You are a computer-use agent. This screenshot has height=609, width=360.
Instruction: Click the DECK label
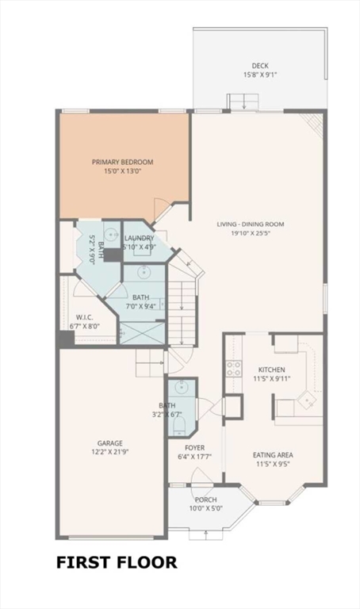pos(260,66)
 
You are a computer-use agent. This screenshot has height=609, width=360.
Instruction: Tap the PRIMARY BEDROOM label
pos(122,162)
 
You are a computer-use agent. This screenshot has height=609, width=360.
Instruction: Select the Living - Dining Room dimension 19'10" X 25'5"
pos(251,233)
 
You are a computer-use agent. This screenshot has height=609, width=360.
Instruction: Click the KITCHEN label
pos(272,370)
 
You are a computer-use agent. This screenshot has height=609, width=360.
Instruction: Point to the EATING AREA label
pos(273,455)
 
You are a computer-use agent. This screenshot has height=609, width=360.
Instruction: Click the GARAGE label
pos(110,443)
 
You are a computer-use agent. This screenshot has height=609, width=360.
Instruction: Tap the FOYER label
pos(194,448)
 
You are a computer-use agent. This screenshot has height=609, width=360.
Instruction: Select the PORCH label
pos(206,500)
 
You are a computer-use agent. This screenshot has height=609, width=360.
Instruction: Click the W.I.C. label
pos(84,317)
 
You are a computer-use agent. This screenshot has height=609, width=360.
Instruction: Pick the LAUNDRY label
pos(139,238)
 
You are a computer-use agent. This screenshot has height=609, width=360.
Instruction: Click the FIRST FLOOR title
pos(117,562)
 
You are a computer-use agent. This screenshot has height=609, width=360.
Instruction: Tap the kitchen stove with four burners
pos(234,369)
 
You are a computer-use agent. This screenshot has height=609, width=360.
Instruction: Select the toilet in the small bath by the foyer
pos(179,426)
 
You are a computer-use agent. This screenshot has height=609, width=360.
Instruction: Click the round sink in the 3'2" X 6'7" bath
pos(180,386)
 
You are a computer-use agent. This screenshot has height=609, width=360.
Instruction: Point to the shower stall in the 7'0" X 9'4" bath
pos(142,333)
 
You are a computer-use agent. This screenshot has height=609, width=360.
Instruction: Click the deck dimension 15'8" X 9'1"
pos(260,75)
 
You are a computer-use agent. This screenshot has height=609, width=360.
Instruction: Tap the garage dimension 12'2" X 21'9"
pos(110,452)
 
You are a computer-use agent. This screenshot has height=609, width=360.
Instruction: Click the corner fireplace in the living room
pos(314,124)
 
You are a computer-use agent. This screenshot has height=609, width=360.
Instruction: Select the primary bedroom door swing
pos(161,209)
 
